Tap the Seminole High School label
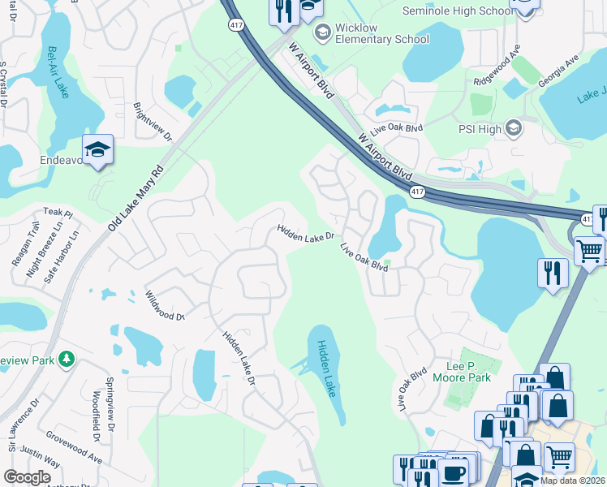pyautogui.click(x=458, y=10)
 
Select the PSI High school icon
pyautogui.click(x=513, y=127)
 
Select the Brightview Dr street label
pyautogui.click(x=153, y=122)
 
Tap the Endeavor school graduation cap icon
pyautogui.click(x=97, y=150)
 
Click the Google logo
pyautogui.click(x=27, y=477)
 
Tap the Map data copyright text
pyautogui.click(x=571, y=481)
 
